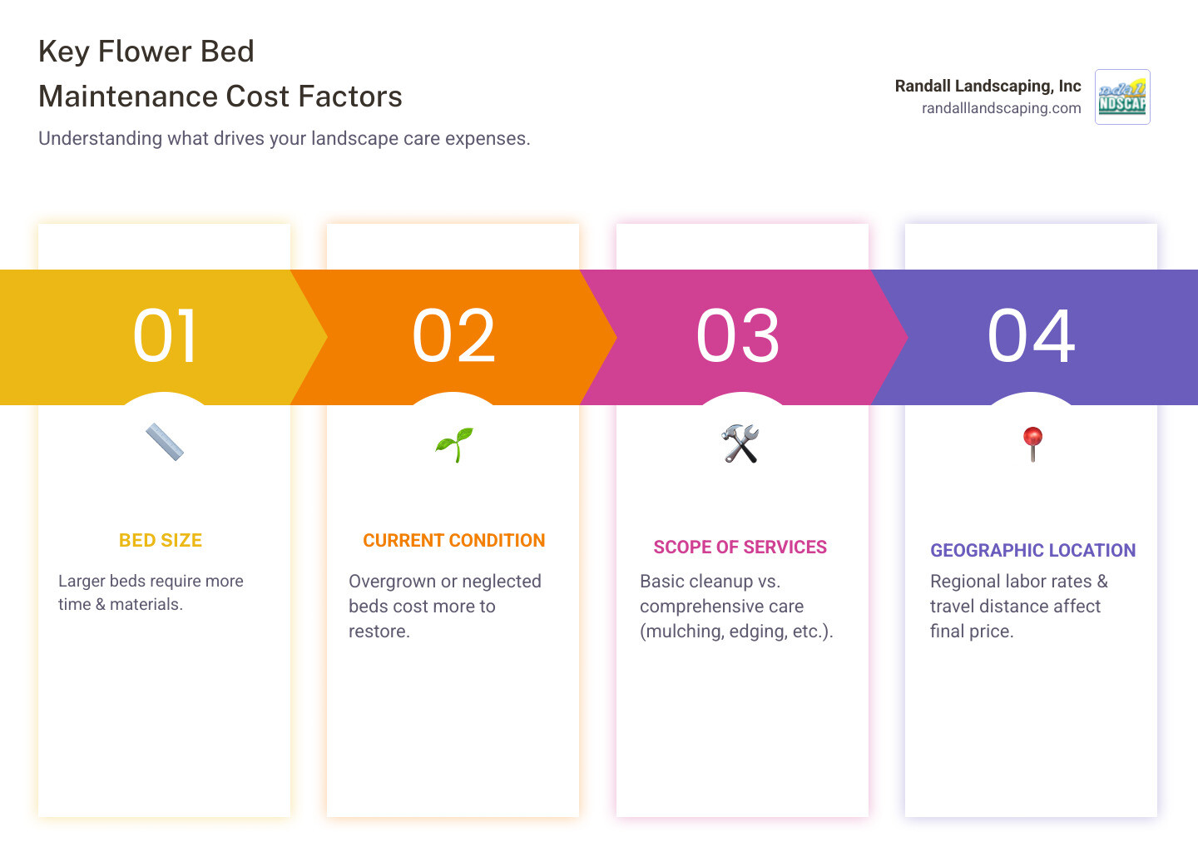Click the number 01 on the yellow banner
[165, 336]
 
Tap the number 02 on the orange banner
[453, 336]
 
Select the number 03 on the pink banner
[738, 336]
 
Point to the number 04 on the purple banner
[1032, 336]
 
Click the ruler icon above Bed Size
[165, 443]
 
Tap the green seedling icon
[454, 444]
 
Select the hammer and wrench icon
[740, 443]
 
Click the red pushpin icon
[1032, 443]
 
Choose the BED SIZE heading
[161, 541]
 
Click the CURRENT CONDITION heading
[454, 541]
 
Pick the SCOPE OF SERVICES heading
[740, 547]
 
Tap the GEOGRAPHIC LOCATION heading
[1032, 551]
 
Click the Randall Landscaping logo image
[1122, 97]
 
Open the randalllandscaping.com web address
[1001, 108]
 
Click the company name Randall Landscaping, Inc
[988, 86]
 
